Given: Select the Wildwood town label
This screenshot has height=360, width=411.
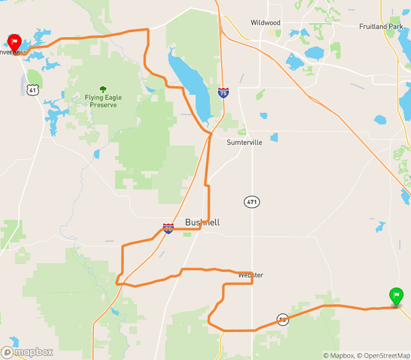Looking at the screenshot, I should (266, 23).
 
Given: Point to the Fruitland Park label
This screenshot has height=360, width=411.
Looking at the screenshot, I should (381, 27).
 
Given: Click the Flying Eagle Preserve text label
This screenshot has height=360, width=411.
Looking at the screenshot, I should (103, 101).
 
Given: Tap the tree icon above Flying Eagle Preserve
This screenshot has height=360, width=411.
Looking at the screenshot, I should (103, 89).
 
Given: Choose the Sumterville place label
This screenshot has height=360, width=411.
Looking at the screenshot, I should (244, 142).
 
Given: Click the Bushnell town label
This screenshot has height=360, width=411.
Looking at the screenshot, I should (202, 222).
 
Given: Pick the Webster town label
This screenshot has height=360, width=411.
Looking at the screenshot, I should (251, 275).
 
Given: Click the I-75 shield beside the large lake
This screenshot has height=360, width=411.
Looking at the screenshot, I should (223, 92).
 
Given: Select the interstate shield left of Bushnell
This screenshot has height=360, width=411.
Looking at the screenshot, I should (168, 228).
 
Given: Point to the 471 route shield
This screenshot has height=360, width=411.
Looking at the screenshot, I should (251, 202).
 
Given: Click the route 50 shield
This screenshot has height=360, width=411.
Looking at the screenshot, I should (283, 320).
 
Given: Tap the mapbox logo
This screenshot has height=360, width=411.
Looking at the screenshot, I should (27, 352).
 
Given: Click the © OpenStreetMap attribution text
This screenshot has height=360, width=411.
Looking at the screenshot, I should (383, 355).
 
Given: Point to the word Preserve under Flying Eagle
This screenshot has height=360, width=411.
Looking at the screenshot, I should (103, 105).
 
